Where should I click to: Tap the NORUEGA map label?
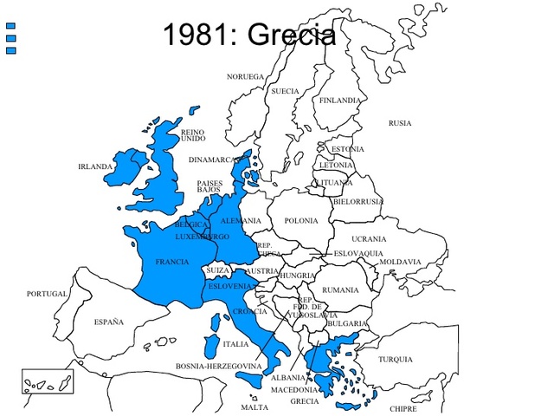pyautogui.click(x=245, y=76)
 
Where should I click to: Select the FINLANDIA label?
pyautogui.click(x=340, y=101)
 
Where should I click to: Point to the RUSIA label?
pyautogui.click(x=400, y=123)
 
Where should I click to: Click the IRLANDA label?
pyautogui.click(x=95, y=166)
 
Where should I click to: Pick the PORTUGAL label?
pyautogui.click(x=47, y=294)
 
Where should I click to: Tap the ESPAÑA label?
pyautogui.click(x=109, y=322)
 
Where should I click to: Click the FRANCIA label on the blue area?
pyautogui.click(x=172, y=261)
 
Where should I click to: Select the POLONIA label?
pyautogui.click(x=301, y=220)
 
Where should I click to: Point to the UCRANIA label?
pyautogui.click(x=369, y=238)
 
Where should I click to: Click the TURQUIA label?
pyautogui.click(x=396, y=359)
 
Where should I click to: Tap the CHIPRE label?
pyautogui.click(x=403, y=408)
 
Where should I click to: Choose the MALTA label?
pyautogui.click(x=254, y=406)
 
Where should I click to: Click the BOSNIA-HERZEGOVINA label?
pyautogui.click(x=218, y=367)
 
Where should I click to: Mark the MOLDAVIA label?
pyautogui.click(x=400, y=261)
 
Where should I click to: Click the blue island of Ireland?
pyautogui.click(x=128, y=167)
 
